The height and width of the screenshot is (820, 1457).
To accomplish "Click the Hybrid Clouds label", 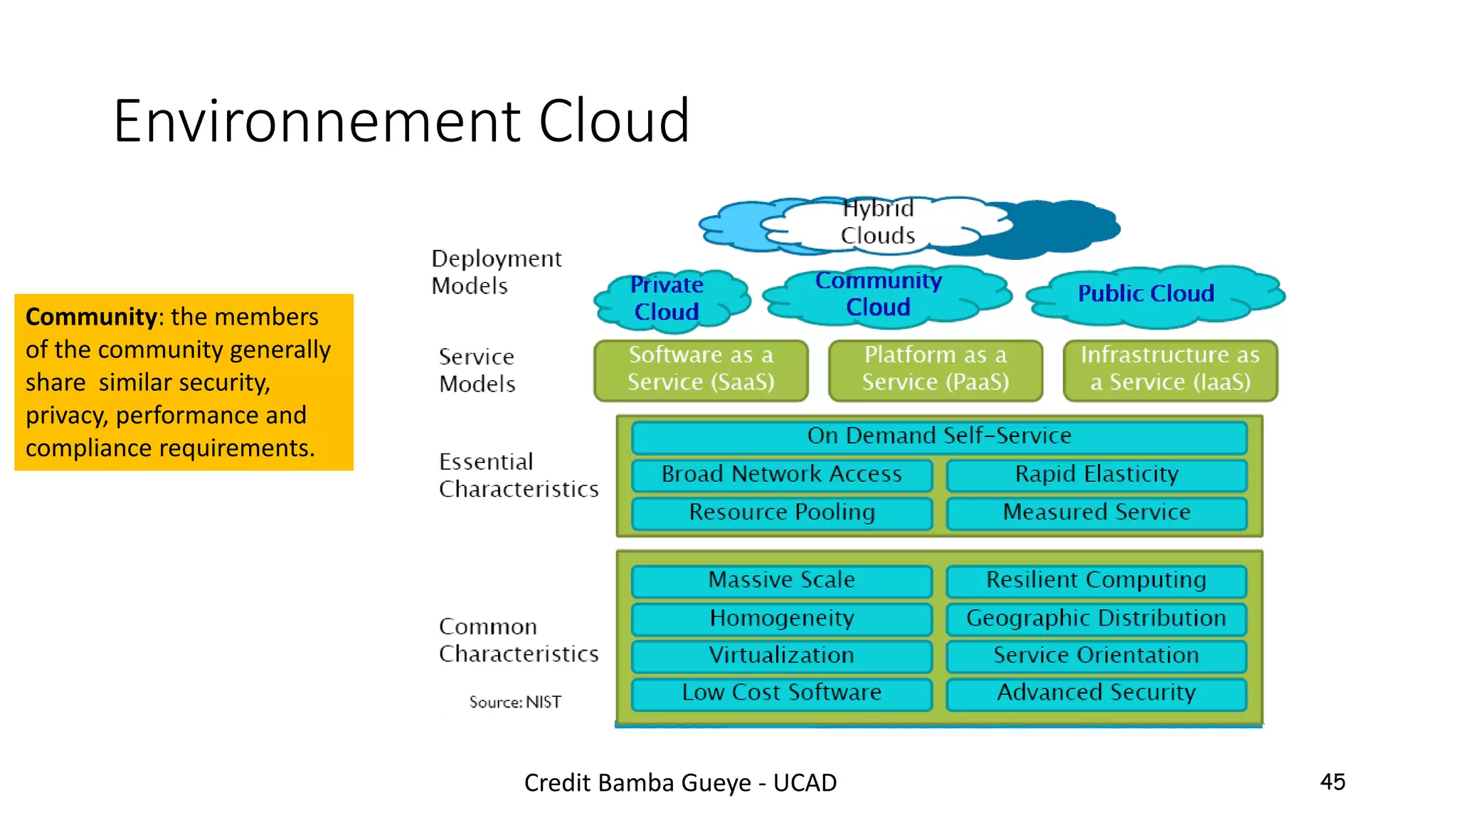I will pos(877,222).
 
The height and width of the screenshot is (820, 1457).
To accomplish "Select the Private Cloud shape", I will pos(667,298).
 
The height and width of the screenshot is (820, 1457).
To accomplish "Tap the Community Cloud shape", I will pos(879,294).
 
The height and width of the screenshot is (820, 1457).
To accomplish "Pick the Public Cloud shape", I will pos(1146,293).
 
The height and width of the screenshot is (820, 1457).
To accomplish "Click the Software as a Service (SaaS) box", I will pos(701,369).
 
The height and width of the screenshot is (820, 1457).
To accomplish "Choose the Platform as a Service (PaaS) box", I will pos(936,369).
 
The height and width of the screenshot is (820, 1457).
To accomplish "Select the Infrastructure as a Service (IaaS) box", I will pos(1170,369).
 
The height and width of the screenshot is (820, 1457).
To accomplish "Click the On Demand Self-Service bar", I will pos(939,436).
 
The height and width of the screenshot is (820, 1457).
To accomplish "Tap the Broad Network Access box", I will pos(782,475).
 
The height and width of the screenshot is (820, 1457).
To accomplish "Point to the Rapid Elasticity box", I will pos(1096,475).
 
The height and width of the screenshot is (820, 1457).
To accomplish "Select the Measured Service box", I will pos(1096,512).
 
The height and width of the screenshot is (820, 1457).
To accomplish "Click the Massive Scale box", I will pos(782,581).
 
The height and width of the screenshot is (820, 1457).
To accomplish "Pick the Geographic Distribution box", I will pos(1096,619).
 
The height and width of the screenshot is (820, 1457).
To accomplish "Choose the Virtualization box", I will pos(782,656).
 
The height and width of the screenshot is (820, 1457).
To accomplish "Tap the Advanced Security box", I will pos(1096,693).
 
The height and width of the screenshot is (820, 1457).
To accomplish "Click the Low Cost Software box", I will pos(782,693).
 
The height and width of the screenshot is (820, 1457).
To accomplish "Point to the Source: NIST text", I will pos(515,703).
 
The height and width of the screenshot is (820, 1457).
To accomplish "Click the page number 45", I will pos(1333,782).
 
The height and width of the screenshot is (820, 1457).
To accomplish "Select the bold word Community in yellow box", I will pos(91,317).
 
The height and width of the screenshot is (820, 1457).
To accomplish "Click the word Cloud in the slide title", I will pos(614,121).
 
